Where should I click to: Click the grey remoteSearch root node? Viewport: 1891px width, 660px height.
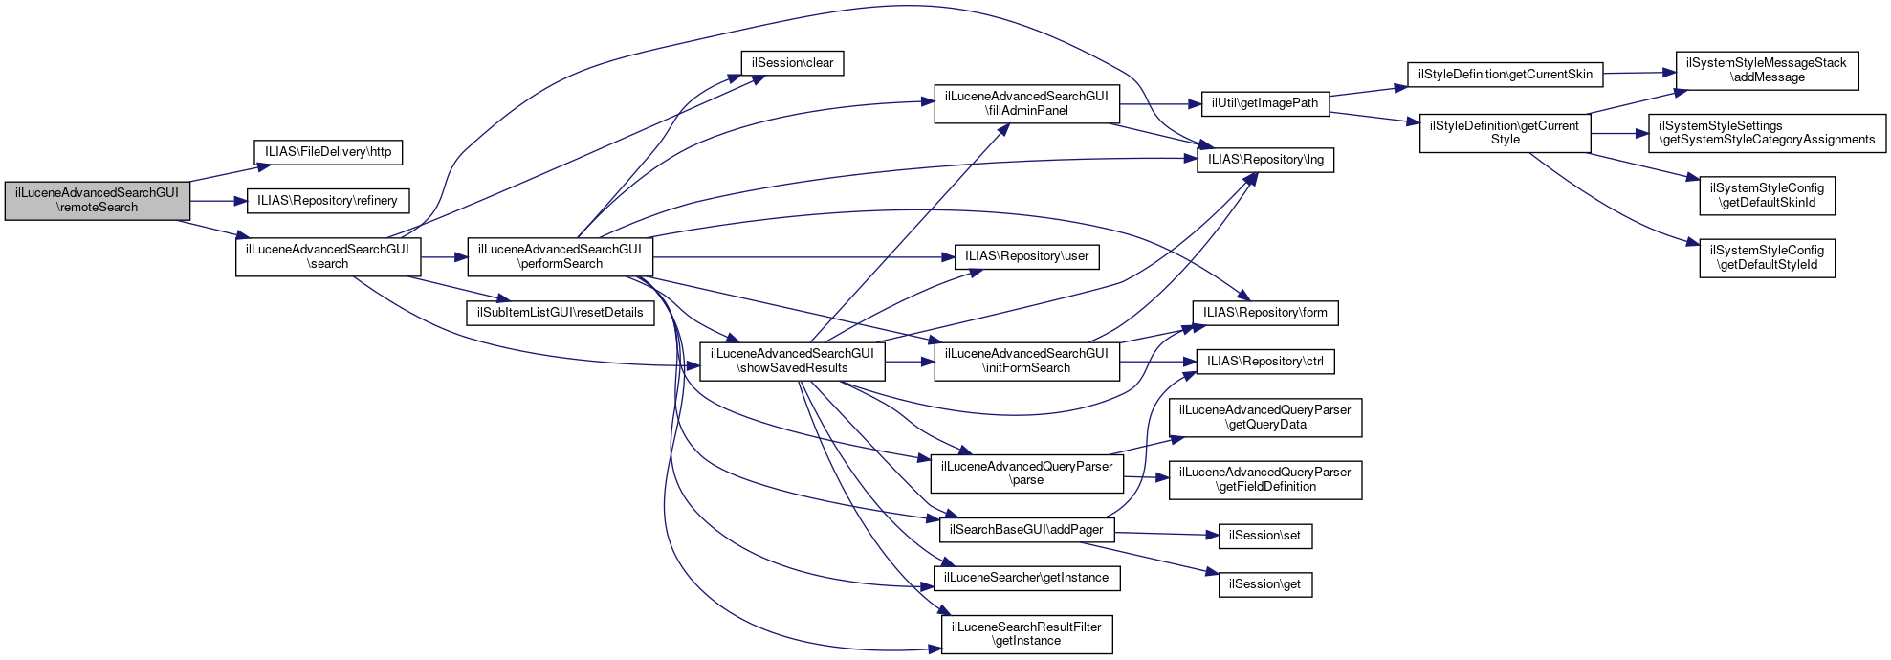97,200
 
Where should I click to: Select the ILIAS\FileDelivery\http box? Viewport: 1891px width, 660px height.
328,152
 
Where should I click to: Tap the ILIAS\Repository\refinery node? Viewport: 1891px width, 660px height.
328,201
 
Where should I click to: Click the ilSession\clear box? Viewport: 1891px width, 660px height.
792,63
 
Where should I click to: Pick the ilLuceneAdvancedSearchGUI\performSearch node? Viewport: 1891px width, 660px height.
560,256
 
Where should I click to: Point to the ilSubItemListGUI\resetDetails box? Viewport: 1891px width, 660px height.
560,313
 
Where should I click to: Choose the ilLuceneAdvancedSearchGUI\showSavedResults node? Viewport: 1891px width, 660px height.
792,361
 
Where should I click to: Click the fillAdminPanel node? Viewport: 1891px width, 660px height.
1026,103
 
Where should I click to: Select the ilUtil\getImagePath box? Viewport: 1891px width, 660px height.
1264,103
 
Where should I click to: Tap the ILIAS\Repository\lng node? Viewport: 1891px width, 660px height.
1264,160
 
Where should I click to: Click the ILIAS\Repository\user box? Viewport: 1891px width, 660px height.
1026,256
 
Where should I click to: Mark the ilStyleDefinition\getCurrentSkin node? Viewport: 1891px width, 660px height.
1505,75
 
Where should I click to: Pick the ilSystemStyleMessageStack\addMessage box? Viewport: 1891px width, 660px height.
1766,70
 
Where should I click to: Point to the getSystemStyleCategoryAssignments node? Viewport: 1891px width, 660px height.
1766,133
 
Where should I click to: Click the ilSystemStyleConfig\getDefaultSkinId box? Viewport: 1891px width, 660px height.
1767,195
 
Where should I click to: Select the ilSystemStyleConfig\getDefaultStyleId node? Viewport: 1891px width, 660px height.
1767,257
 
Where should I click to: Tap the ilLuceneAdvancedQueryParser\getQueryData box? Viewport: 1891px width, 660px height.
1264,417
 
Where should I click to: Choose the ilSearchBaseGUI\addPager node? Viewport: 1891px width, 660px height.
1026,530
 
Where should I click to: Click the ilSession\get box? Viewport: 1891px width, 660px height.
1264,584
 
